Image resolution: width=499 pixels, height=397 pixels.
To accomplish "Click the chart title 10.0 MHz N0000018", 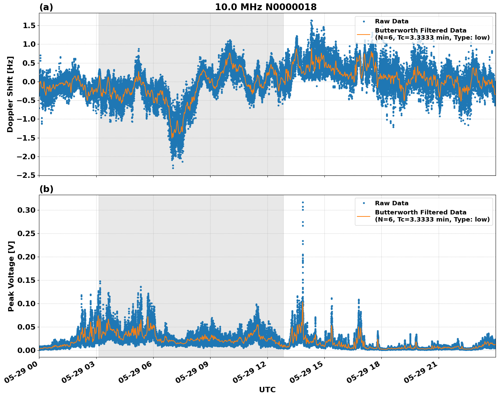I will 266,7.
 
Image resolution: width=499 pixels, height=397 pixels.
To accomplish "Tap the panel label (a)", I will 46,7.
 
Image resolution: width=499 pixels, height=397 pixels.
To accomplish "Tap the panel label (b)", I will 46,189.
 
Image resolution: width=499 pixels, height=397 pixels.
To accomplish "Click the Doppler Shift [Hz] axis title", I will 10,94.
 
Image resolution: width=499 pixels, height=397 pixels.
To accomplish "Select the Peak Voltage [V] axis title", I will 11,276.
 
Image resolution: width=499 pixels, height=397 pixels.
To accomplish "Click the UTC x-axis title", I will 267,390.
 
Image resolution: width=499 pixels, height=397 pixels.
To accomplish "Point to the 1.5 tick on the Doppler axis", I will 28,26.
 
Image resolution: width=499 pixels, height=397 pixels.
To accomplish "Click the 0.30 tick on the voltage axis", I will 26,210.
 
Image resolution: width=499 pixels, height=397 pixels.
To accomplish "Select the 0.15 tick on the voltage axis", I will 26,280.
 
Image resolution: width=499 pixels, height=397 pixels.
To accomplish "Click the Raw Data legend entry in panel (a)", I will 392,21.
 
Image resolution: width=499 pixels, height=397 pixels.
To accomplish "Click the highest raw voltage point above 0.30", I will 303,203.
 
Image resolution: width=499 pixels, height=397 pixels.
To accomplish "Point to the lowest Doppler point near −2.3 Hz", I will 173,168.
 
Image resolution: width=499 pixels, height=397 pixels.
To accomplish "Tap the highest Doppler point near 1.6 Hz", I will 311,21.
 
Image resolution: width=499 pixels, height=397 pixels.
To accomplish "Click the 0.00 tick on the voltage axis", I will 26,350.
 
